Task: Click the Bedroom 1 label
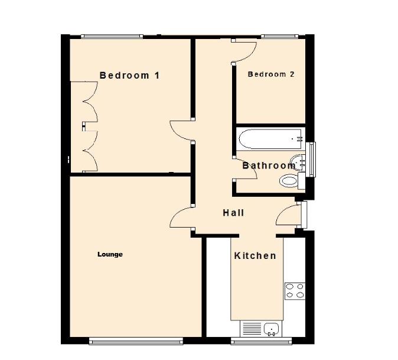pyautogui.click(x=129, y=76)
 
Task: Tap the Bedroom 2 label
pyautogui.click(x=271, y=74)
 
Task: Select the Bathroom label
pyautogui.click(x=269, y=166)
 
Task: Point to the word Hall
pyautogui.click(x=233, y=213)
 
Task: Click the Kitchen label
pyautogui.click(x=255, y=256)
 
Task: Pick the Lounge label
pyautogui.click(x=110, y=255)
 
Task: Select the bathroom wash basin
pyautogui.click(x=301, y=160)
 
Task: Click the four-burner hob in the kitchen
pyautogui.click(x=295, y=290)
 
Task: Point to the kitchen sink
pyautogui.click(x=272, y=329)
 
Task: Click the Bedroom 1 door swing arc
pyautogui.click(x=181, y=130)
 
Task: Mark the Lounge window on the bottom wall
pyautogui.click(x=135, y=341)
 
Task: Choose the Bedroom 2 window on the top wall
pyautogui.click(x=280, y=37)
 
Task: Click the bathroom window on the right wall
pyautogui.click(x=313, y=158)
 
